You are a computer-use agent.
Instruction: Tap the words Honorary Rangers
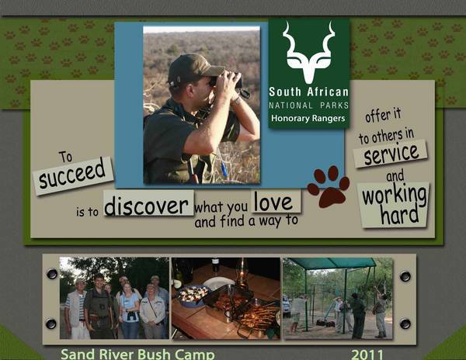[x=308, y=119]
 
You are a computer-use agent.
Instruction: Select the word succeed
[x=72, y=174]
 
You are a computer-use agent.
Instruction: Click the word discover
[x=146, y=205]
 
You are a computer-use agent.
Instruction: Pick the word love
[x=273, y=202]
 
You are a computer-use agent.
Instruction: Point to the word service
[x=391, y=154]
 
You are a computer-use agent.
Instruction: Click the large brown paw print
[x=329, y=186]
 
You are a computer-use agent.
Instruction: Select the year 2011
[x=367, y=355]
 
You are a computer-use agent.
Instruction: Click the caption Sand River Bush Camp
[x=137, y=355]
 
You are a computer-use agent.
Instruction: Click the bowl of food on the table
[x=193, y=295]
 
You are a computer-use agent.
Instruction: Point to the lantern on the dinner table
[x=243, y=274]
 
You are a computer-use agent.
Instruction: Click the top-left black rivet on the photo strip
[x=52, y=274]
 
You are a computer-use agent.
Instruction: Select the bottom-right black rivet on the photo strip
[x=405, y=324]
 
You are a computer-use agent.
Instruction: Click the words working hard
[x=395, y=205]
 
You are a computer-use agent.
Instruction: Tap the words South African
[x=308, y=92]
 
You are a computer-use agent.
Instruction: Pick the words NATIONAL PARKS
[x=308, y=106]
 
